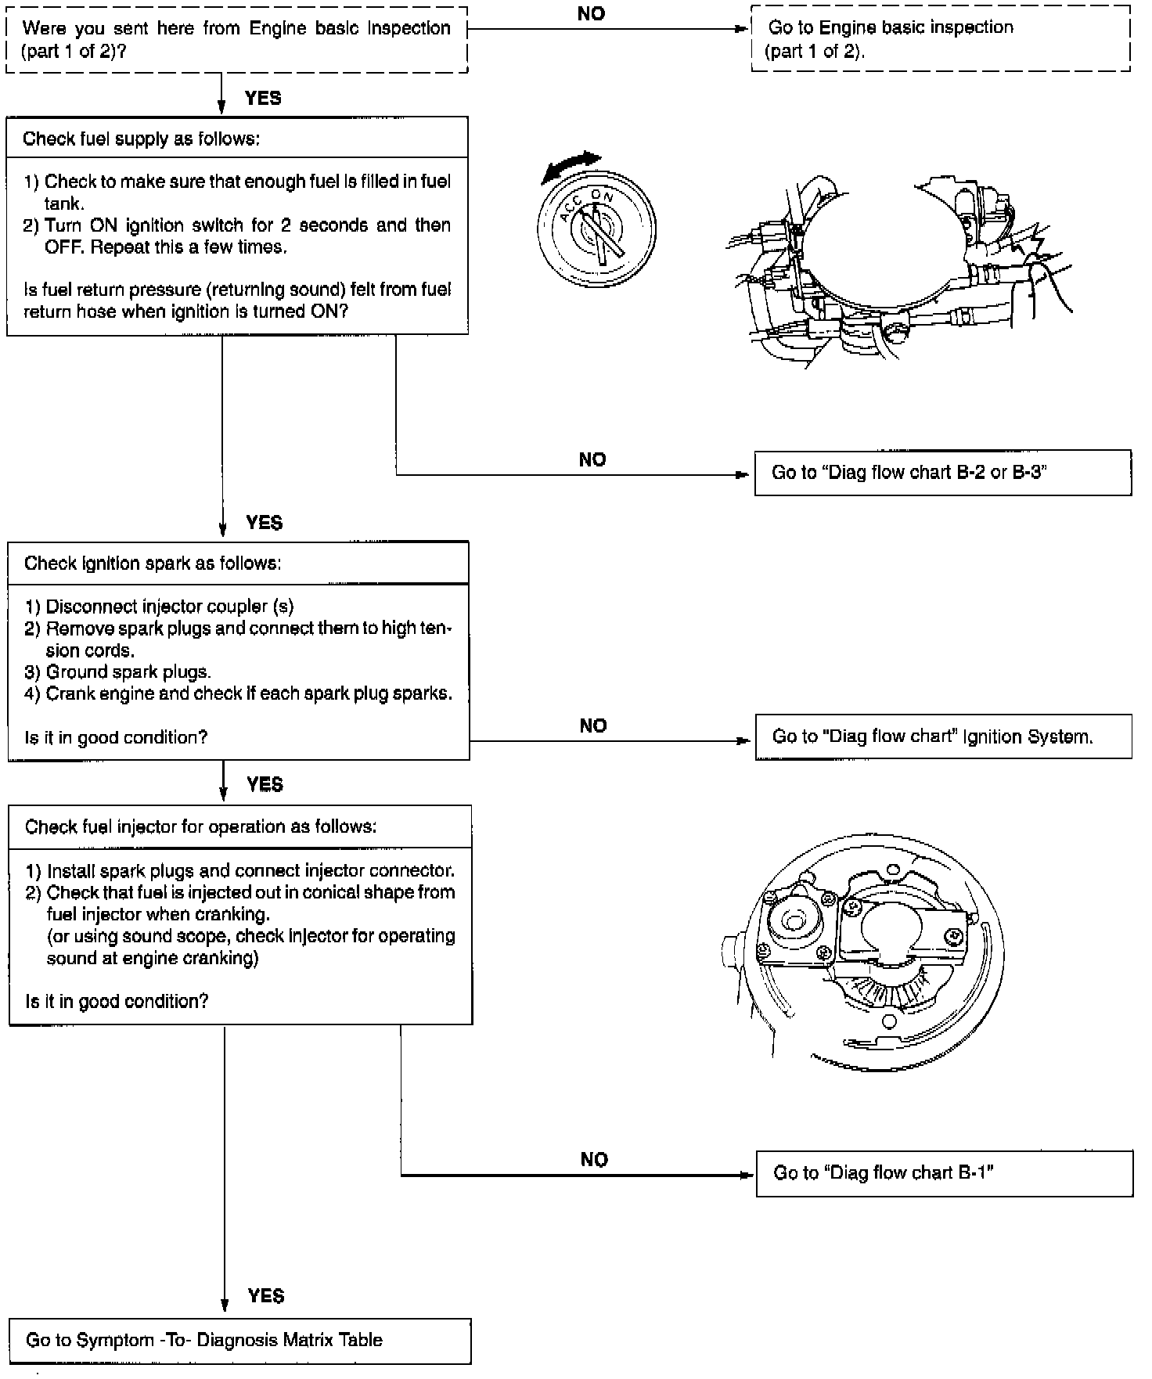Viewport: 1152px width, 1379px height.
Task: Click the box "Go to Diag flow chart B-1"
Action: [x=944, y=1173]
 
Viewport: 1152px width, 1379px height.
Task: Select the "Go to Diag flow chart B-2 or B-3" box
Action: [x=942, y=473]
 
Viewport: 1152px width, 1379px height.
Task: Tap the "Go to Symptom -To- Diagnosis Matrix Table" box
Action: [x=239, y=1341]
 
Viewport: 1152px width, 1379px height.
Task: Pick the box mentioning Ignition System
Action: [x=943, y=736]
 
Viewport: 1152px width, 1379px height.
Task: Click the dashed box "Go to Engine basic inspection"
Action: [x=940, y=38]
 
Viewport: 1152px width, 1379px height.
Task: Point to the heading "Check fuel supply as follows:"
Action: [x=142, y=139]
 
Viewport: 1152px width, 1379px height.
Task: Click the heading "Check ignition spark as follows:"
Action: [x=153, y=563]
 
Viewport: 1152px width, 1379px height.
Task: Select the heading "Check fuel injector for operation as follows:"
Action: [x=200, y=827]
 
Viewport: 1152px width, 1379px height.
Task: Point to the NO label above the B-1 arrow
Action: [x=594, y=1159]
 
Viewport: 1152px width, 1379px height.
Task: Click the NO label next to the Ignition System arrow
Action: [x=593, y=726]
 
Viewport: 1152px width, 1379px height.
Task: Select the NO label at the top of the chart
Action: [x=591, y=13]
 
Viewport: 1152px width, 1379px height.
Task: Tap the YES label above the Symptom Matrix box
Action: [x=266, y=1296]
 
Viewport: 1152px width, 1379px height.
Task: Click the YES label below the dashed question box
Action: [x=263, y=98]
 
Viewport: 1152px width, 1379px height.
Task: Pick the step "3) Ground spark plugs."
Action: [x=128, y=671]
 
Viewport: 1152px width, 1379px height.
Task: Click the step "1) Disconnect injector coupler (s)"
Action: [x=170, y=607]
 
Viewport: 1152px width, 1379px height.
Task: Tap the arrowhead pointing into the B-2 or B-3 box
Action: [x=743, y=475]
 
